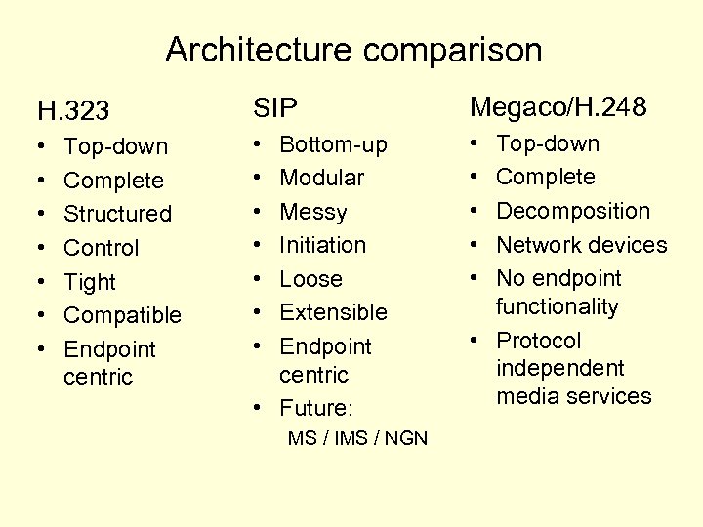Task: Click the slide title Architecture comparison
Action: click(x=352, y=50)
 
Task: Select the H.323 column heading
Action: click(x=73, y=110)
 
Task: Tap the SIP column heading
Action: click(x=274, y=108)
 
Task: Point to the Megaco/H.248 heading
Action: click(x=558, y=106)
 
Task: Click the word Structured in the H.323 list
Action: click(x=117, y=214)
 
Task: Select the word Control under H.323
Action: click(x=102, y=248)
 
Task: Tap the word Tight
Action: click(x=90, y=282)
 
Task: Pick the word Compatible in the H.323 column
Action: click(x=122, y=315)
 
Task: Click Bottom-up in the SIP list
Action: click(x=333, y=144)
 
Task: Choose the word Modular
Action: click(x=321, y=178)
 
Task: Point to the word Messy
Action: click(x=312, y=212)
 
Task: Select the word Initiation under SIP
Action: click(x=322, y=245)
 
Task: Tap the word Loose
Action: click(x=310, y=279)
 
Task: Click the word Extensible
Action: click(x=333, y=312)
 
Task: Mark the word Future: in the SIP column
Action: click(x=314, y=408)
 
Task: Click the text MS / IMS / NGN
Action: click(x=357, y=438)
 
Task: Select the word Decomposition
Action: click(x=572, y=211)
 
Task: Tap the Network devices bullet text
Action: click(x=581, y=245)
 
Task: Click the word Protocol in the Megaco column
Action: click(x=538, y=341)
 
